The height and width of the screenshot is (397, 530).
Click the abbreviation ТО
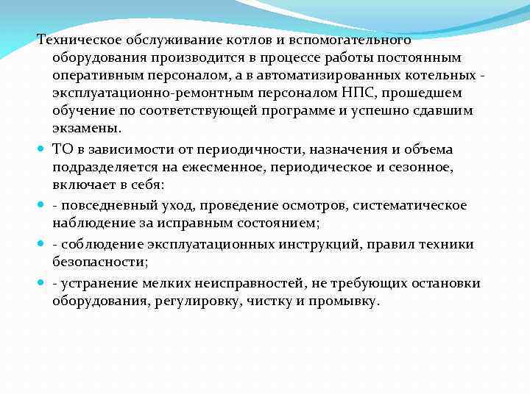[x=63, y=149]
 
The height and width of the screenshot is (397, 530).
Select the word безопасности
[x=98, y=260]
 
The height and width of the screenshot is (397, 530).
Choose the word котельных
[x=437, y=75]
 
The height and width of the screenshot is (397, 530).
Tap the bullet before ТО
[x=43, y=149]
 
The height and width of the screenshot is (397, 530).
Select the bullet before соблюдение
[x=43, y=243]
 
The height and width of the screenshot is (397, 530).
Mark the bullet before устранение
[x=43, y=283]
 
